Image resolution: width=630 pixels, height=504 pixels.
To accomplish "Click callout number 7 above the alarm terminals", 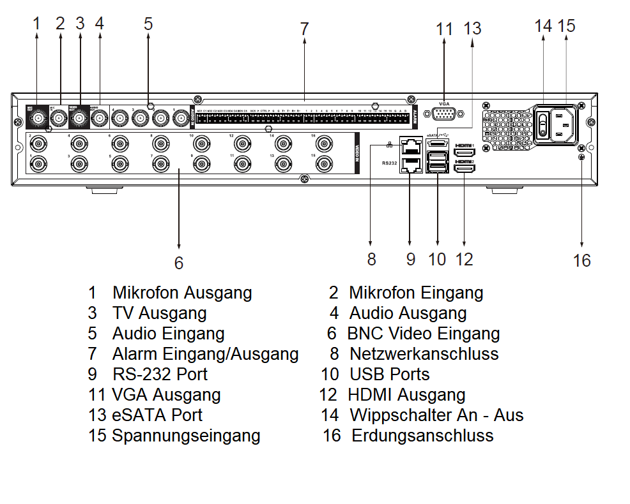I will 304,29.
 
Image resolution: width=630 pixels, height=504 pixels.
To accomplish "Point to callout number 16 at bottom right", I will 581,260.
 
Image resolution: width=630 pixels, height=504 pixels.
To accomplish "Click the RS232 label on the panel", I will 390,163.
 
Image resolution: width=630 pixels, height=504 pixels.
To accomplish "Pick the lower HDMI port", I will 464,169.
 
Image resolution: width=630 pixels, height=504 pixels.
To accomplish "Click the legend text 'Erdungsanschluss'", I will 422,436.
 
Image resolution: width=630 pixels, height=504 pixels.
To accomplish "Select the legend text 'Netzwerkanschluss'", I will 424,353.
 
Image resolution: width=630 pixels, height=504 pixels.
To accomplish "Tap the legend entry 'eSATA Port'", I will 157,415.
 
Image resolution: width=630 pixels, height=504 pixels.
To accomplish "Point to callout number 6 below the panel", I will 179,263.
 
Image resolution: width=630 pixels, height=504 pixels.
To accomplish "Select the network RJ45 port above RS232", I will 409,146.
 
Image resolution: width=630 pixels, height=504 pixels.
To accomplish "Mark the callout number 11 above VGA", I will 444,29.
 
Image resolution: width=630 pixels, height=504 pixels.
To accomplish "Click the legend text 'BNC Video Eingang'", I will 423,333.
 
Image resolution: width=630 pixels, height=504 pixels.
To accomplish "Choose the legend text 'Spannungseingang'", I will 186,436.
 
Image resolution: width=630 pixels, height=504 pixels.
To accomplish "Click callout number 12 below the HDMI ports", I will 464,259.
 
